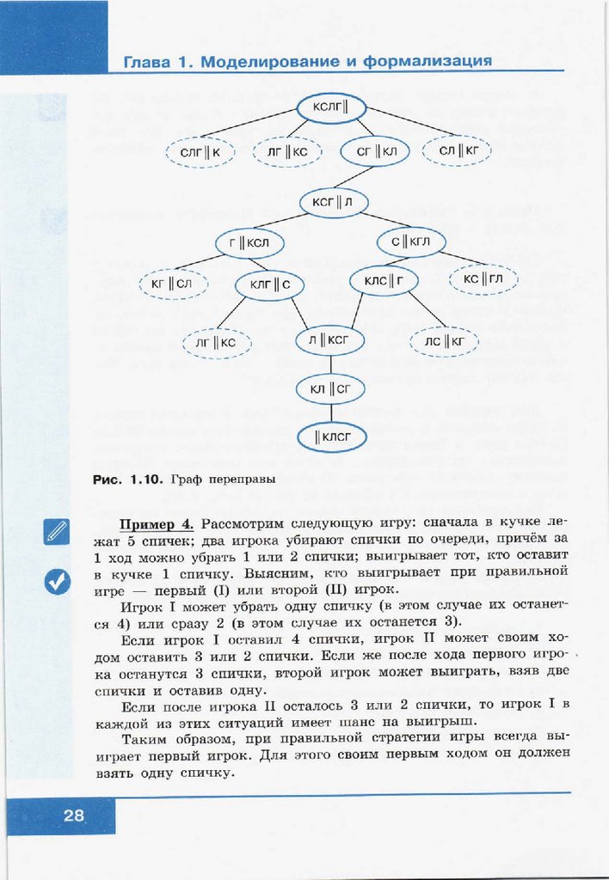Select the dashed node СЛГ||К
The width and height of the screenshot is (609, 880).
pos(200,152)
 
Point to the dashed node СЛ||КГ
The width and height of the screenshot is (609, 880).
pos(458,151)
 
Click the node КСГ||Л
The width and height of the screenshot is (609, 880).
pos(333,203)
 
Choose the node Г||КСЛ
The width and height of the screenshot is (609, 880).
pos(249,243)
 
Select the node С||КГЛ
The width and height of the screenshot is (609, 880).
pos(410,241)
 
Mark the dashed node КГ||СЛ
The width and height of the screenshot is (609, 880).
pos(171,284)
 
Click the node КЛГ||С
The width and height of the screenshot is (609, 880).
pos(269,284)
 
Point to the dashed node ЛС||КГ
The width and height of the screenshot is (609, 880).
pos(444,342)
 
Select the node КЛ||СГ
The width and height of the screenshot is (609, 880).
pos(331,389)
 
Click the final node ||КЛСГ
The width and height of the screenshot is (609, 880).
pos(332,437)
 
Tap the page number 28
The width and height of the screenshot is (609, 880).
pos(73,816)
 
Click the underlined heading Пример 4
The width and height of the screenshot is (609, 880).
pos(156,525)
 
